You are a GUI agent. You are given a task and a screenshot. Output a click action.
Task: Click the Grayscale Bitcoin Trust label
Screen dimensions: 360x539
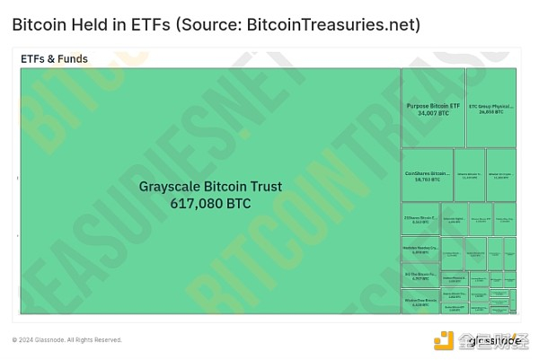[210, 187]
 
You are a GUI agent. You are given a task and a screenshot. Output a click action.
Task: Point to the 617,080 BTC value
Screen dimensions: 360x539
[210, 204]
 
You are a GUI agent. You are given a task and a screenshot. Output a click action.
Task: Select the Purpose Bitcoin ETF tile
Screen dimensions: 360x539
[433, 106]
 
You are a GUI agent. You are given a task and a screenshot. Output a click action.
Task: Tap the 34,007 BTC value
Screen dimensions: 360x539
[433, 113]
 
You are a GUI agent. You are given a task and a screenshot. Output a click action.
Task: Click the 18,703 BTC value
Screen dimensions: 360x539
[428, 180]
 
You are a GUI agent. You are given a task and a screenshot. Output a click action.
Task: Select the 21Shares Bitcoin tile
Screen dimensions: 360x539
[420, 218]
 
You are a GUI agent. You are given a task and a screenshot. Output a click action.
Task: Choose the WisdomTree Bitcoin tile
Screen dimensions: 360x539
[420, 302]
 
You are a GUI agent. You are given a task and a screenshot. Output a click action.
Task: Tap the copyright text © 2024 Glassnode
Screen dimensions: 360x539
[66, 339]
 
